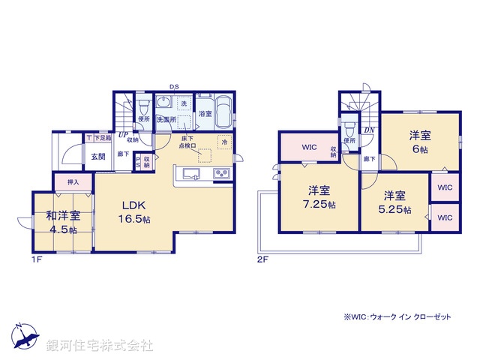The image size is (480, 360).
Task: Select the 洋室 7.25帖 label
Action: click(319, 196)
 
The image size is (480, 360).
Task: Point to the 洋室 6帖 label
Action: click(419, 142)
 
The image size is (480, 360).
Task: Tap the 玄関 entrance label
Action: click(98, 156)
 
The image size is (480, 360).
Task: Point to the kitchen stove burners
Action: click(223, 175)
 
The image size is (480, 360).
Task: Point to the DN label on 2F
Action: click(369, 130)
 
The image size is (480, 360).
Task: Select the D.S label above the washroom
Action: click(173, 87)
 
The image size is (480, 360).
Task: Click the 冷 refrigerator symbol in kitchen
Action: click(223, 141)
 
